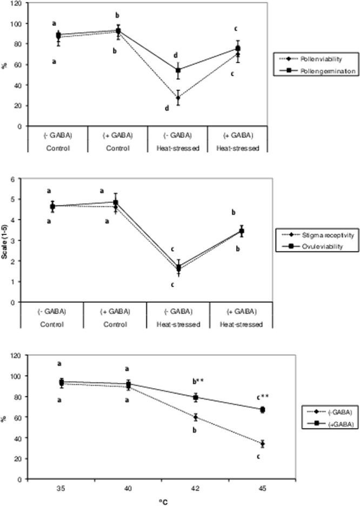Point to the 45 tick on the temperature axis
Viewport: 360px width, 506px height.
coord(263,488)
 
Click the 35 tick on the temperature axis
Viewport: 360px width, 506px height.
coord(61,488)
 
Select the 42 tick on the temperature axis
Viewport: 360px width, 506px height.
coord(196,488)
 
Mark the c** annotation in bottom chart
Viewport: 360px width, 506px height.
coord(262,397)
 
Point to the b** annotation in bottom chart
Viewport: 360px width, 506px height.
coord(196,382)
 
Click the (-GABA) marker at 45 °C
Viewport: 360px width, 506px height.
coord(263,444)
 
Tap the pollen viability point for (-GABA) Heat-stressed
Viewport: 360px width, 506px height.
coord(178,98)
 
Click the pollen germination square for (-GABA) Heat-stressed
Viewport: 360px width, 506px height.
coord(178,70)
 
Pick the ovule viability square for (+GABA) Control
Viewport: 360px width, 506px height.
coord(115,202)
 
